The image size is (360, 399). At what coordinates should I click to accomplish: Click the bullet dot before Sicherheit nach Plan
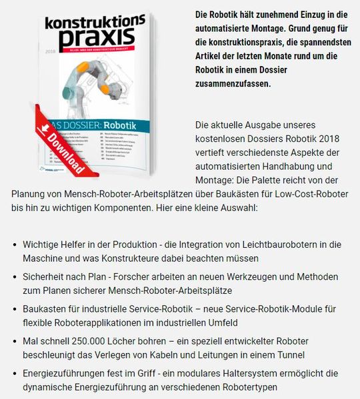click(x=15, y=276)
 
